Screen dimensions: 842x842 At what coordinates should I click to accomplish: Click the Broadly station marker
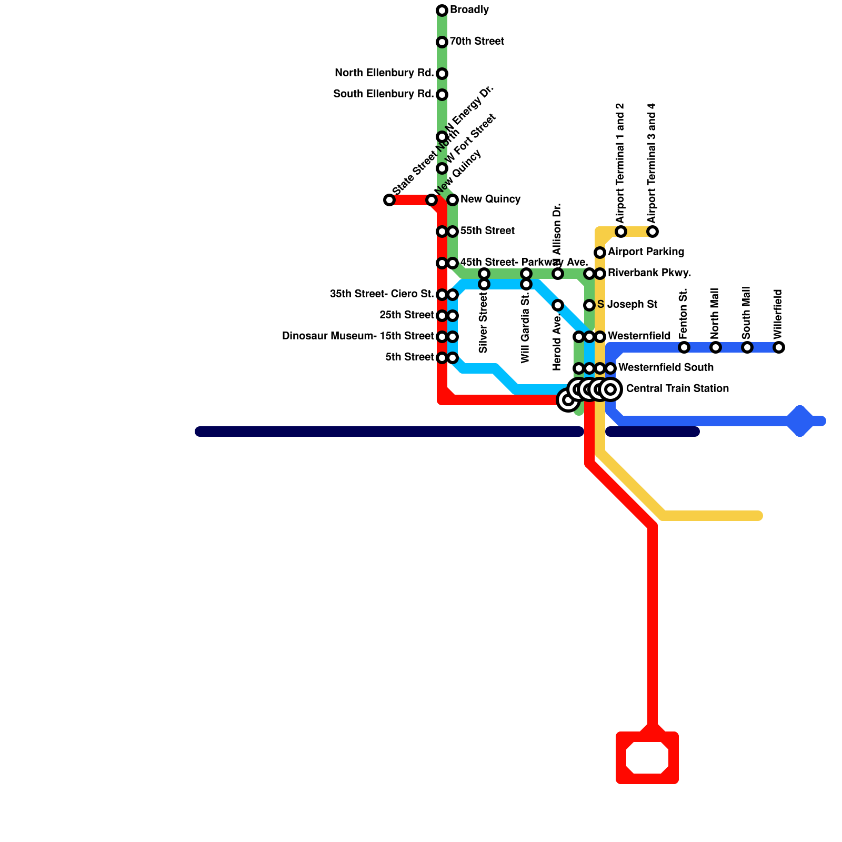(442, 11)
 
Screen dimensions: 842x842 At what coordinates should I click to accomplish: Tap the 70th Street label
(477, 42)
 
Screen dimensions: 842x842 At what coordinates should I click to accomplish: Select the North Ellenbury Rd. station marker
(442, 74)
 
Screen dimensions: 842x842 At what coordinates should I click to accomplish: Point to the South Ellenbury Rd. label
(383, 94)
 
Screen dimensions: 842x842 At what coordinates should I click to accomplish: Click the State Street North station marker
(389, 200)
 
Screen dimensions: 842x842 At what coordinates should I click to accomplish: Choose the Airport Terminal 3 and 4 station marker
(653, 232)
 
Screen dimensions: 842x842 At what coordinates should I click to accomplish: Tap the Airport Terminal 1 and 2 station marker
(621, 232)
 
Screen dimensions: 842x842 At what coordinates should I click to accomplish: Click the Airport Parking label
(646, 252)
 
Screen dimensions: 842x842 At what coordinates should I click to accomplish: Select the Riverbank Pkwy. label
(649, 273)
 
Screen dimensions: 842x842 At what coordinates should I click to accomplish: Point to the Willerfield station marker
(779, 347)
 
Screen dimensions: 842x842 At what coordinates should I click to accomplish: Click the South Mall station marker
(747, 347)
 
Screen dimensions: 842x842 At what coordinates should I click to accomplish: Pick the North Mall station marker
(716, 347)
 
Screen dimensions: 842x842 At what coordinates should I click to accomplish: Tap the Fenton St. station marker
(684, 347)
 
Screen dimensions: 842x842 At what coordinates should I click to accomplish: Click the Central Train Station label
(677, 389)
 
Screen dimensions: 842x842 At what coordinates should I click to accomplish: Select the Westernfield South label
(666, 367)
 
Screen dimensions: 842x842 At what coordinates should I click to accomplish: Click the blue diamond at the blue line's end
(800, 421)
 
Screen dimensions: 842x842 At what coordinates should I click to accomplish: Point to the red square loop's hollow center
(647, 758)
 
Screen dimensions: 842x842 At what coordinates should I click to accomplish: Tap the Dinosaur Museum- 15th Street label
(358, 336)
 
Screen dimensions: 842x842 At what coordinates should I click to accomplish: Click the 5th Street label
(409, 357)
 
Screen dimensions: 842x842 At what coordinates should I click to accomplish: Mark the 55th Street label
(487, 231)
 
